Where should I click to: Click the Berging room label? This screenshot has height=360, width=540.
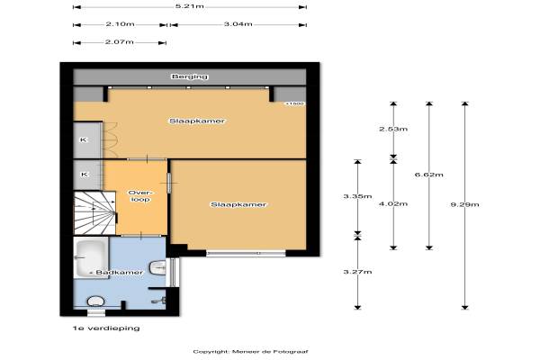coord(190,76)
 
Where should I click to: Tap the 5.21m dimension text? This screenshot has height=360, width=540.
coord(189,6)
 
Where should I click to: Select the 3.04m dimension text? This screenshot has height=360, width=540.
coord(238,24)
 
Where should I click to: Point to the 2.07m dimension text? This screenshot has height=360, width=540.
coord(119,42)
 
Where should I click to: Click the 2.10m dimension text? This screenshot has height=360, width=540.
coord(120,24)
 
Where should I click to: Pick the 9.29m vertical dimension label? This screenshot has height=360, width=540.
coord(464,204)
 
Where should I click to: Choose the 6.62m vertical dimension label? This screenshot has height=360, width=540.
coord(428,175)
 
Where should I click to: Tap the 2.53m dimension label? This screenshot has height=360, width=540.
coord(393,130)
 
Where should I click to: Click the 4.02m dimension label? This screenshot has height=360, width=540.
coord(393,204)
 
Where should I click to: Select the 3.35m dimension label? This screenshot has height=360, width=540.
coord(357,196)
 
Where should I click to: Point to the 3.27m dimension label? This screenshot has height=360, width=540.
coord(357,272)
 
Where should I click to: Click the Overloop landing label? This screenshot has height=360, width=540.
coord(139,196)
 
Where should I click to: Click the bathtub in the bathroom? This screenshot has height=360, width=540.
coord(92,257)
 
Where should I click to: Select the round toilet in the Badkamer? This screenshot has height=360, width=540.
coord(95,301)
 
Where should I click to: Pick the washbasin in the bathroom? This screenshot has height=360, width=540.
coord(157,268)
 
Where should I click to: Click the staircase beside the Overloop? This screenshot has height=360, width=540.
coord(95,213)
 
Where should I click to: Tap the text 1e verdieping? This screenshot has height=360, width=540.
coord(106,328)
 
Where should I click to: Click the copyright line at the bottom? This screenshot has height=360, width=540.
coord(250,352)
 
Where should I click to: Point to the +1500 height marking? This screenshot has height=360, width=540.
coord(295,103)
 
